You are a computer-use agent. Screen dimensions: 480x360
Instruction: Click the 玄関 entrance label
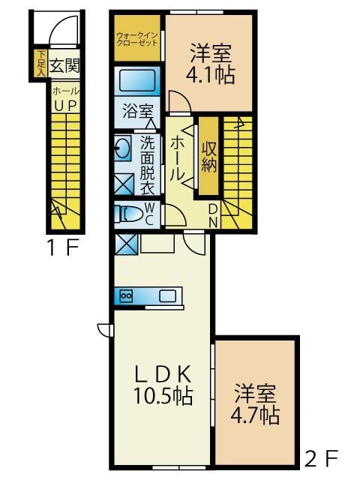(x=64, y=65)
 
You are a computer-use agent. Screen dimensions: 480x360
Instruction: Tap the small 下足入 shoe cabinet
(x=41, y=64)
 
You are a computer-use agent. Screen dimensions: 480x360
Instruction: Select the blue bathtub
(x=137, y=80)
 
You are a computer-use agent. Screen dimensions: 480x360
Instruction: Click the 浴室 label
(x=136, y=112)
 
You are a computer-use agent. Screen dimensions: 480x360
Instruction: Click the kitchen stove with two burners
(x=126, y=296)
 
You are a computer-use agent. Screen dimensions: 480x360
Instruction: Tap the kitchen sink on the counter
(x=166, y=296)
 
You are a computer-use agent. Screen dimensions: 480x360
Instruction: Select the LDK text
(x=164, y=373)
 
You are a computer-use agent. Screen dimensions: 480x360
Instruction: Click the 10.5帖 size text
(x=164, y=396)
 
